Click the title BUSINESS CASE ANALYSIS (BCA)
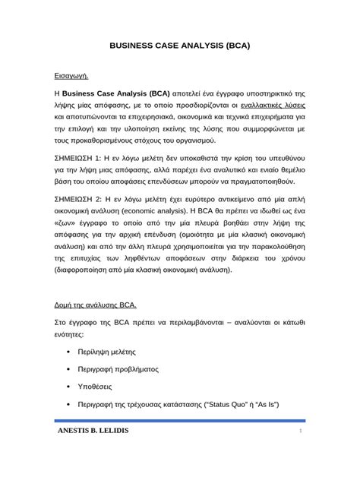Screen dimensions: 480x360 point(180,46)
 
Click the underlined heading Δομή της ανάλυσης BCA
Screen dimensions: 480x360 point(95,304)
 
